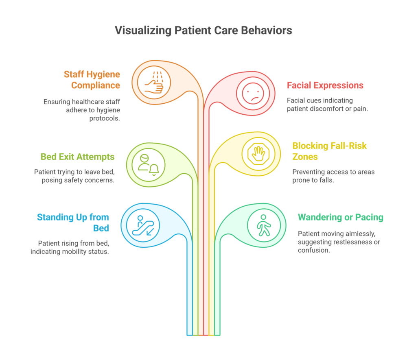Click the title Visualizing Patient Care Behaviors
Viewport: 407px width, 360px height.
203,31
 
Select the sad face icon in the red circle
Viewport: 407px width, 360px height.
253,94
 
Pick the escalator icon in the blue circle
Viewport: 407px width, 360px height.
142,225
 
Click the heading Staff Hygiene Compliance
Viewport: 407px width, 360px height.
92,80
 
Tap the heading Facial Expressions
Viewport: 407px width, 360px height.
325,85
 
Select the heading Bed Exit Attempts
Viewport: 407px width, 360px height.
77,157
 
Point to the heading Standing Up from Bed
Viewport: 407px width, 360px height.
73,223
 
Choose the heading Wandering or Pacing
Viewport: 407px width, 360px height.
340,217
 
